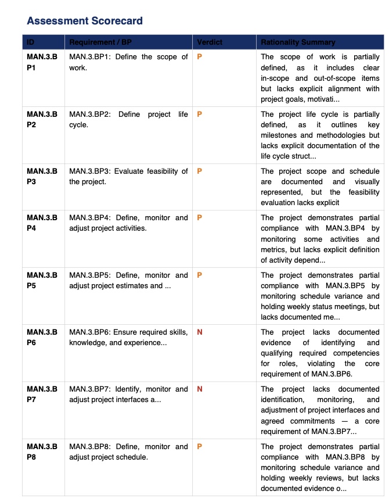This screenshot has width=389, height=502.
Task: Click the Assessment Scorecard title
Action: tap(85, 21)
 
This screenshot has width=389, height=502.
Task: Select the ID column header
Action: tap(31, 42)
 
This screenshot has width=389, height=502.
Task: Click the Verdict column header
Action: tap(210, 42)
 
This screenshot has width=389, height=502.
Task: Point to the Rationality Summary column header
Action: tap(298, 42)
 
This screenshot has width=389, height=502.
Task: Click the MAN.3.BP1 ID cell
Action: tap(42, 62)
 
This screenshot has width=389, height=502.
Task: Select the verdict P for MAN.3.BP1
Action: tap(200, 57)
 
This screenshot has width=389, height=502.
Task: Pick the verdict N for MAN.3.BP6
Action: tap(200, 332)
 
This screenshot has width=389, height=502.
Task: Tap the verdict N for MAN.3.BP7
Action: tap(200, 389)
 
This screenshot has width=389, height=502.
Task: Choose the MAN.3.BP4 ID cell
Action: tap(42, 223)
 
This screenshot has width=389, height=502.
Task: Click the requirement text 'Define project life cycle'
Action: tap(128, 120)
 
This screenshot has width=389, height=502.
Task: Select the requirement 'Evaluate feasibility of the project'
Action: tap(128, 177)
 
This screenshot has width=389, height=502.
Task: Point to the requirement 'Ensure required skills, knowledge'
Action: tap(128, 338)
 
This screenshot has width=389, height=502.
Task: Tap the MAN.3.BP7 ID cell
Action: tap(42, 395)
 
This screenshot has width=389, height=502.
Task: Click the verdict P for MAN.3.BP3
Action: tap(200, 171)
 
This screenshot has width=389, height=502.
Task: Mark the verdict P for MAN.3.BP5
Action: tap(200, 275)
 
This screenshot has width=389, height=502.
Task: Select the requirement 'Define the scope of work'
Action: tap(128, 62)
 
